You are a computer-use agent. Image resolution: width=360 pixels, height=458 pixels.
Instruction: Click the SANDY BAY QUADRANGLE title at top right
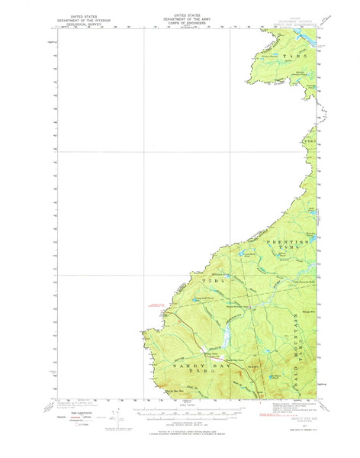click(294, 24)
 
